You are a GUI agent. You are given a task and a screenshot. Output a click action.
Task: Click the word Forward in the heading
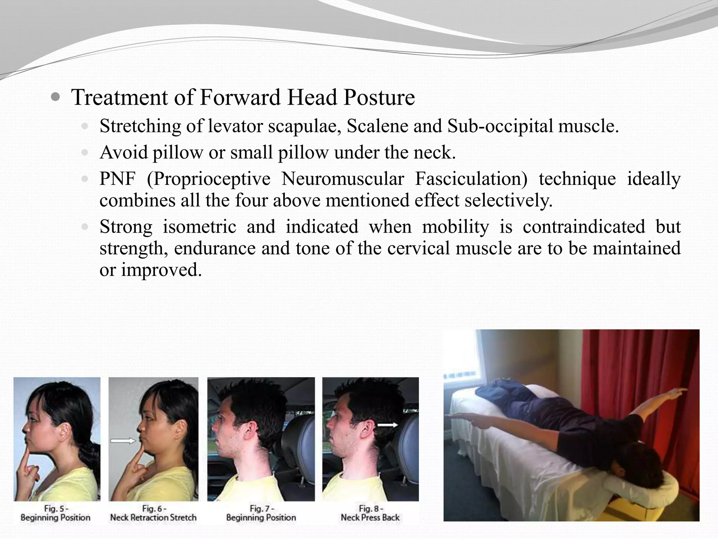[x=240, y=97]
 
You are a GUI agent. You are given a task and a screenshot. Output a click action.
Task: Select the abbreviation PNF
[x=117, y=179]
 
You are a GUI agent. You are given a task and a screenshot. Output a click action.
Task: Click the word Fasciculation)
[x=471, y=179]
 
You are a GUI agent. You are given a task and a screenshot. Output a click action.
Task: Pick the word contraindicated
[x=584, y=226]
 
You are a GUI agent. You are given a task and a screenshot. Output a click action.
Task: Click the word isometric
[x=199, y=226]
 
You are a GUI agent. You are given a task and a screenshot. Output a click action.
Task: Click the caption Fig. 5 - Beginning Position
[x=55, y=513]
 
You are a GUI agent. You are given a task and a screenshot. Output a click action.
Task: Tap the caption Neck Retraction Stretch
[x=153, y=517]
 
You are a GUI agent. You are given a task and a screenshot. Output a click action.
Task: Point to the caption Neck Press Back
[x=370, y=517]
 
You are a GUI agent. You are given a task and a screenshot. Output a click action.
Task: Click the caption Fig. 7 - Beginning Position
[x=261, y=513]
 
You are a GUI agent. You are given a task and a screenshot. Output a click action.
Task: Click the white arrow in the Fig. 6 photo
[x=122, y=441]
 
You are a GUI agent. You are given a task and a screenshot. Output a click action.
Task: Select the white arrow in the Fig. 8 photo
[x=387, y=425]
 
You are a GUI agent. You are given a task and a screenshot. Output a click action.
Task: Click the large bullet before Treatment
[x=55, y=97]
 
